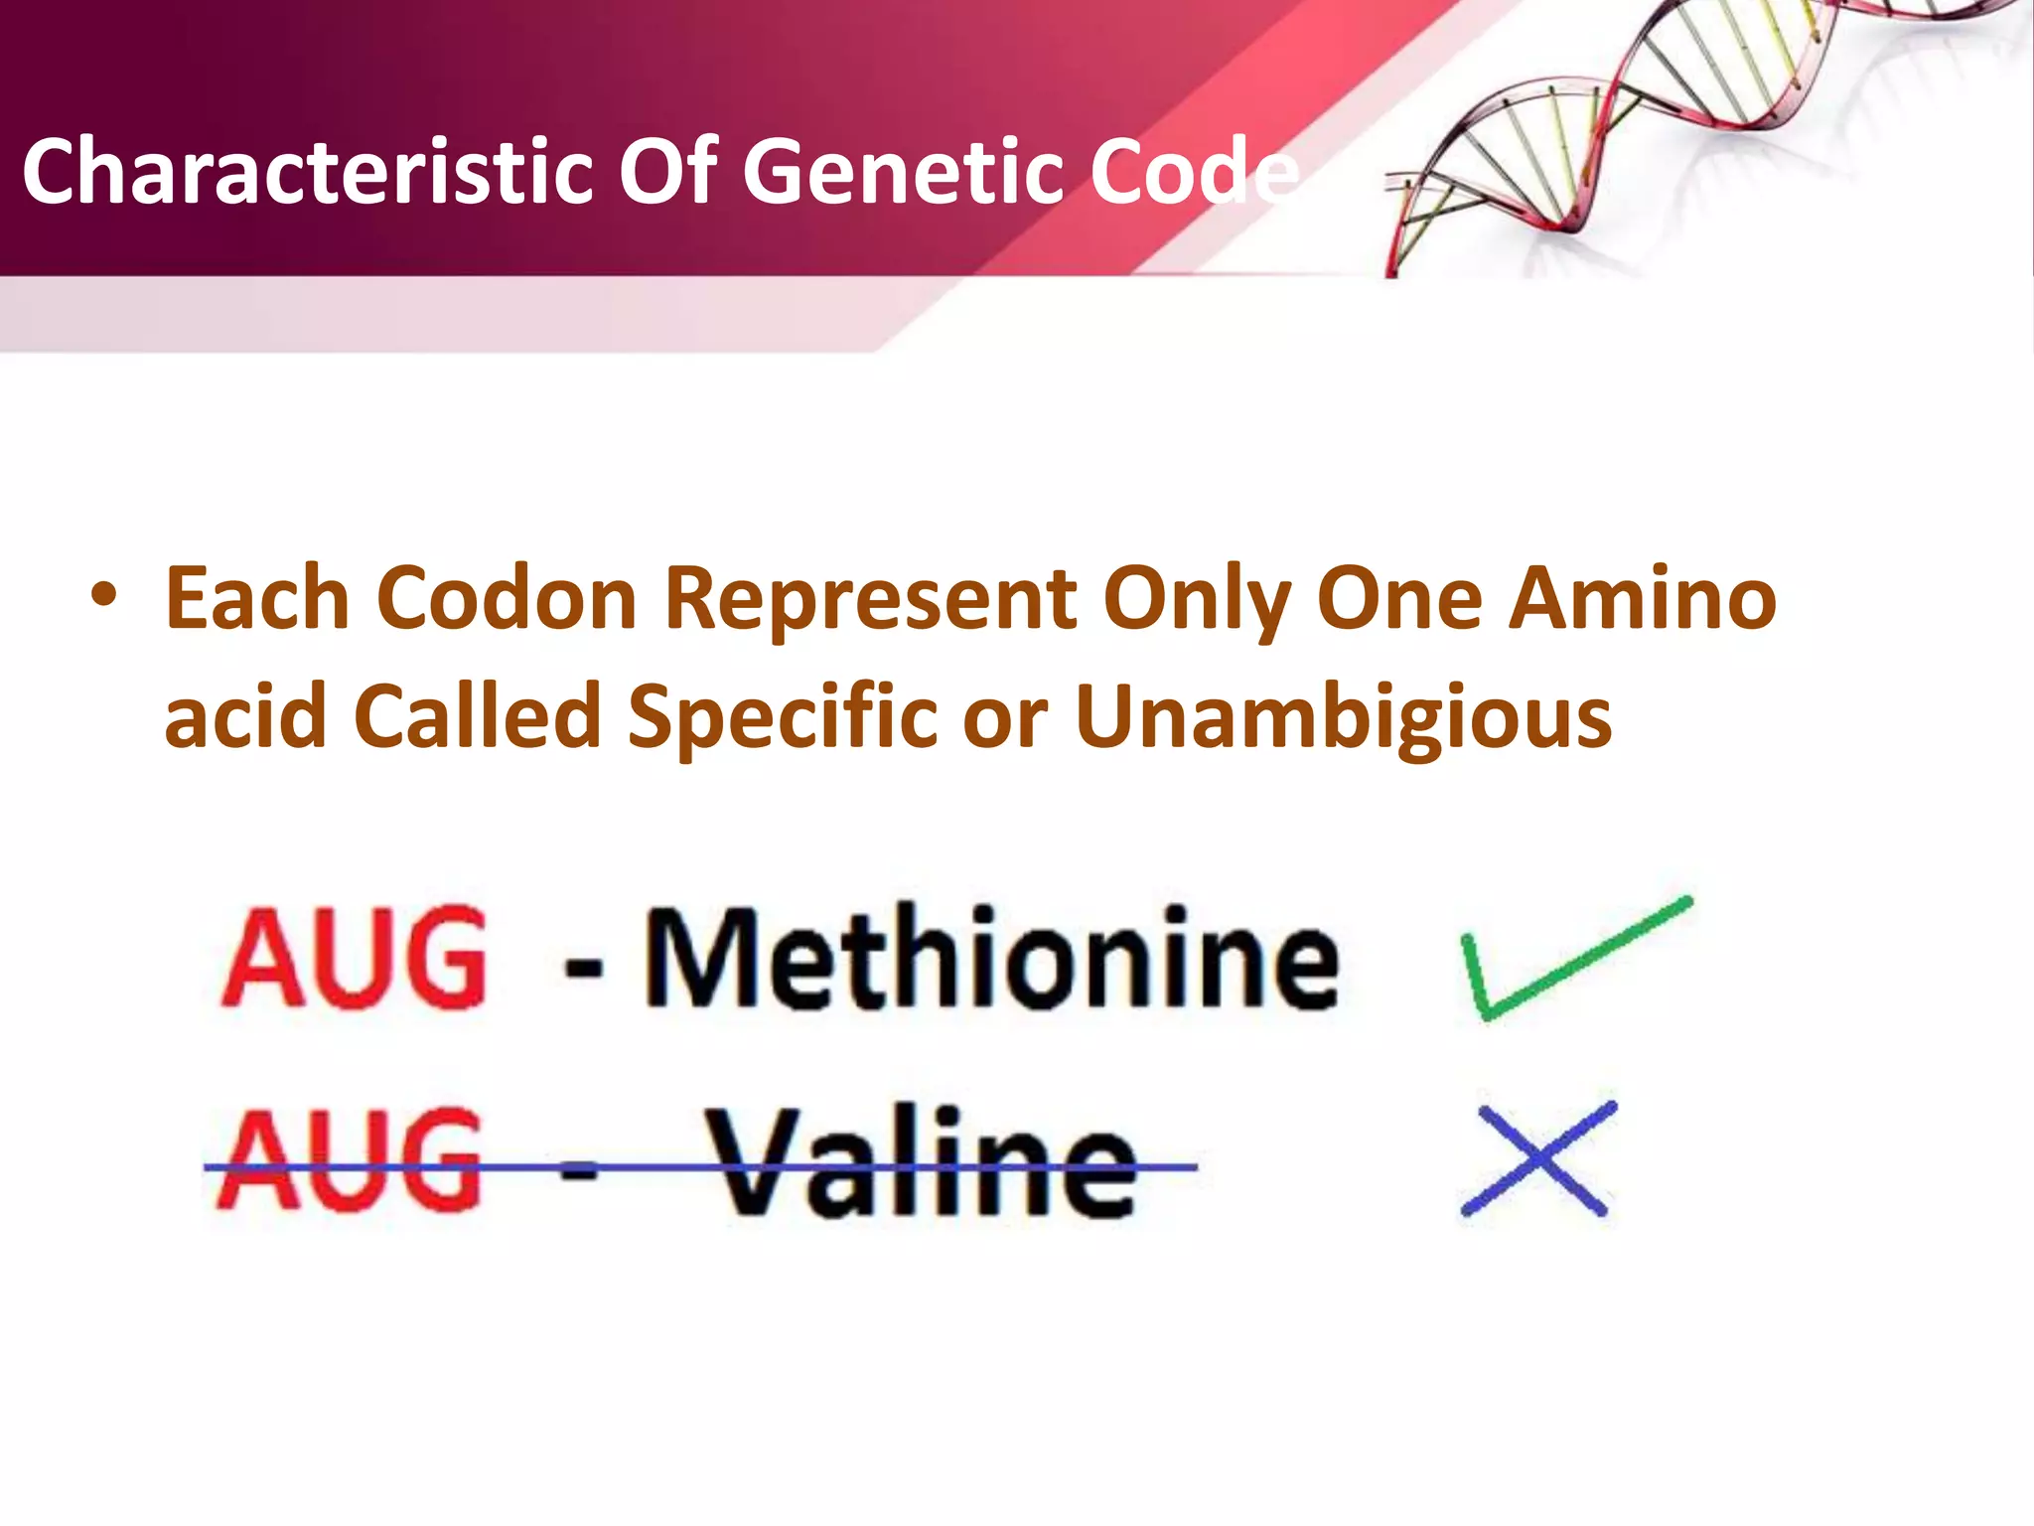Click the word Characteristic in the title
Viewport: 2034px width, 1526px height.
tap(307, 172)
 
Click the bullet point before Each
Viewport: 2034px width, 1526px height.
tap(102, 596)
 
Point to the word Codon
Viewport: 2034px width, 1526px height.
tap(507, 599)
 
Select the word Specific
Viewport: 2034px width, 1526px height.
tap(783, 718)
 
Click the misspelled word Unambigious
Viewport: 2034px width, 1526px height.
tap(1343, 718)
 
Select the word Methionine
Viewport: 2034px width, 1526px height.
tap(991, 959)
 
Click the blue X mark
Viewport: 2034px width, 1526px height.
tap(1537, 1158)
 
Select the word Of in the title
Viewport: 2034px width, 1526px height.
tap(667, 172)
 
